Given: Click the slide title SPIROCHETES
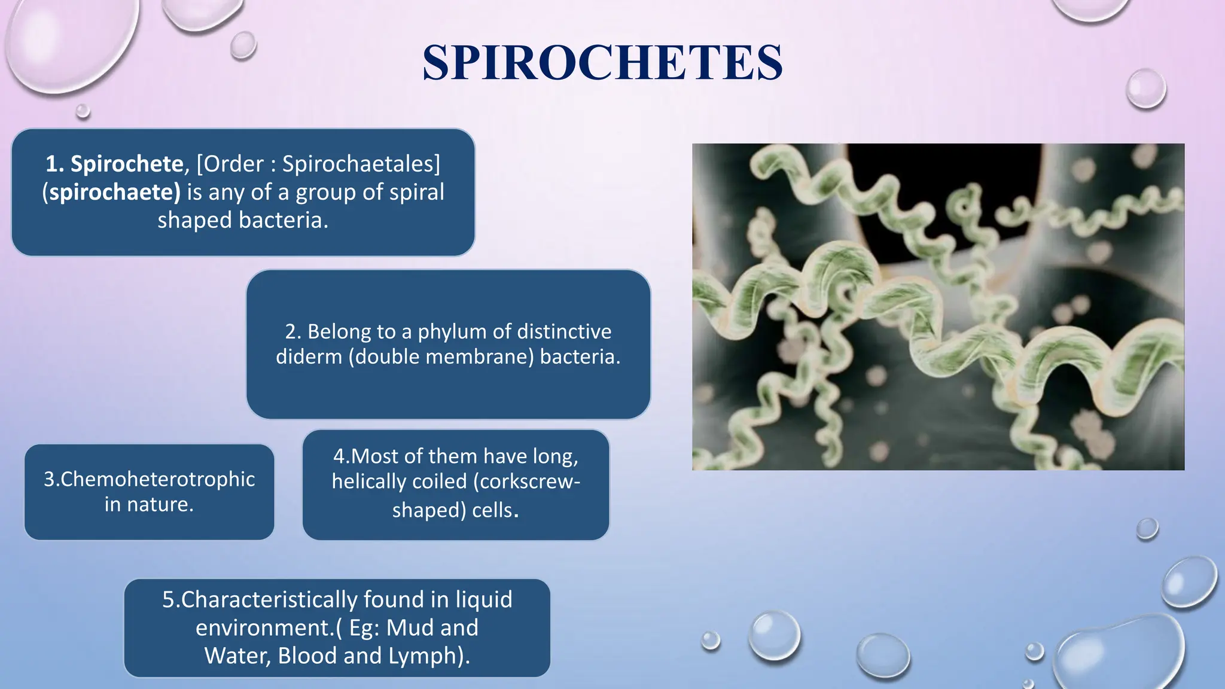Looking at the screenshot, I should tap(602, 62).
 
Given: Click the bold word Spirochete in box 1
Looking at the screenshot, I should tap(126, 164).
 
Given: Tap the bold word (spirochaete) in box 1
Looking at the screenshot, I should tap(111, 192).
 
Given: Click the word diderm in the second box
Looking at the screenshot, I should tap(309, 356).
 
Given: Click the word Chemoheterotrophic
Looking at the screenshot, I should tap(149, 479).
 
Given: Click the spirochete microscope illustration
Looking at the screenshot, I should tap(938, 306).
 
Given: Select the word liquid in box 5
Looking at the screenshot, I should tap(483, 599).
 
